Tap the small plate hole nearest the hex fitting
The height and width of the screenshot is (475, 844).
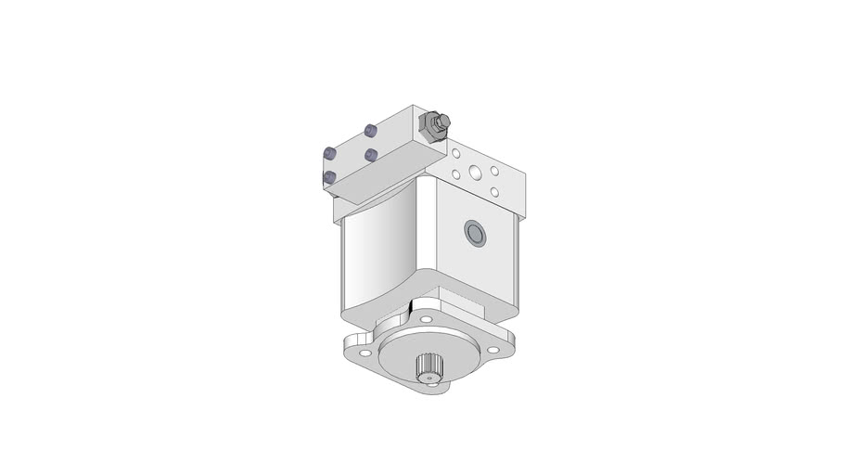pos(455,155)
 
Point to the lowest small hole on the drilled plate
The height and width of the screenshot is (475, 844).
pos(494,191)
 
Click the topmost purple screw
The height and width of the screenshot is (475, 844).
pos(370,130)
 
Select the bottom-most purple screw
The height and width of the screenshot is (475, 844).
pos(328,176)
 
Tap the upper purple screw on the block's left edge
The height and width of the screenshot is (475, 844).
pos(328,153)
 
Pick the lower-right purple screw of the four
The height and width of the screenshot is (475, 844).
pos(370,154)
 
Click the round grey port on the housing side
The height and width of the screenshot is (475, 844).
pos(474,234)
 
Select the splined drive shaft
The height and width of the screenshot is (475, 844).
pos(428,367)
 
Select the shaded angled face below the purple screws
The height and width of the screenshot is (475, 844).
pos(371,186)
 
